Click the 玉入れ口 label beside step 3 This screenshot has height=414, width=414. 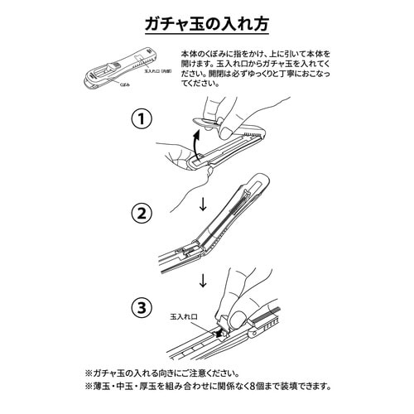[x=184, y=315]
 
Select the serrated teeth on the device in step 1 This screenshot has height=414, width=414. [x=253, y=132]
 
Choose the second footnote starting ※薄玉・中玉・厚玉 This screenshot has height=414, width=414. [x=207, y=386]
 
